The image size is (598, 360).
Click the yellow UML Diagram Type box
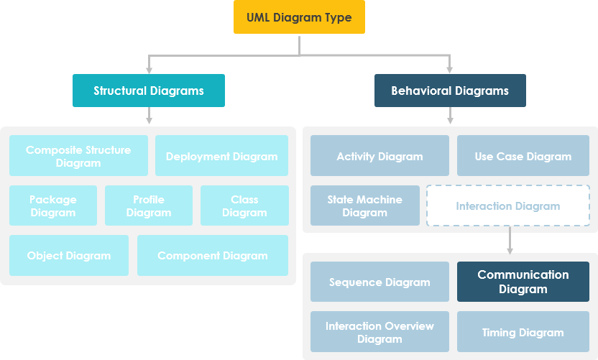tap(299, 17)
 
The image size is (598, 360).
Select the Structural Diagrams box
tap(149, 91)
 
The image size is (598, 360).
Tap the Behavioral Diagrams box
tap(450, 91)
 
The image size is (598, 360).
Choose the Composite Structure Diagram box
tap(78, 156)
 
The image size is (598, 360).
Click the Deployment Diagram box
tap(221, 156)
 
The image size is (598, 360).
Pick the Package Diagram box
tap(53, 206)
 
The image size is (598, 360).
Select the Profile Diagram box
tap(149, 206)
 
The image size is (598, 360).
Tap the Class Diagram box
tap(244, 206)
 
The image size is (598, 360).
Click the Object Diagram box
tap(69, 255)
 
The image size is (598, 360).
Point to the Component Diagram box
tap(213, 255)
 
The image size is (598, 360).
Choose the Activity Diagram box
tap(379, 156)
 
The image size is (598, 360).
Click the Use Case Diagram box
tap(523, 156)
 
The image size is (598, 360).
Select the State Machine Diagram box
tap(364, 206)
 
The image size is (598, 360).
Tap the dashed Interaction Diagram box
tap(507, 206)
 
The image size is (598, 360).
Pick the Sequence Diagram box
tap(379, 282)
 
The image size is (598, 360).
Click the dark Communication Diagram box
tap(523, 282)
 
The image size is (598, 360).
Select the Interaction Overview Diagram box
tap(379, 332)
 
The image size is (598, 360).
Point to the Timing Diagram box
tap(523, 332)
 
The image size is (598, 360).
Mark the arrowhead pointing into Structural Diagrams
tap(149, 70)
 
